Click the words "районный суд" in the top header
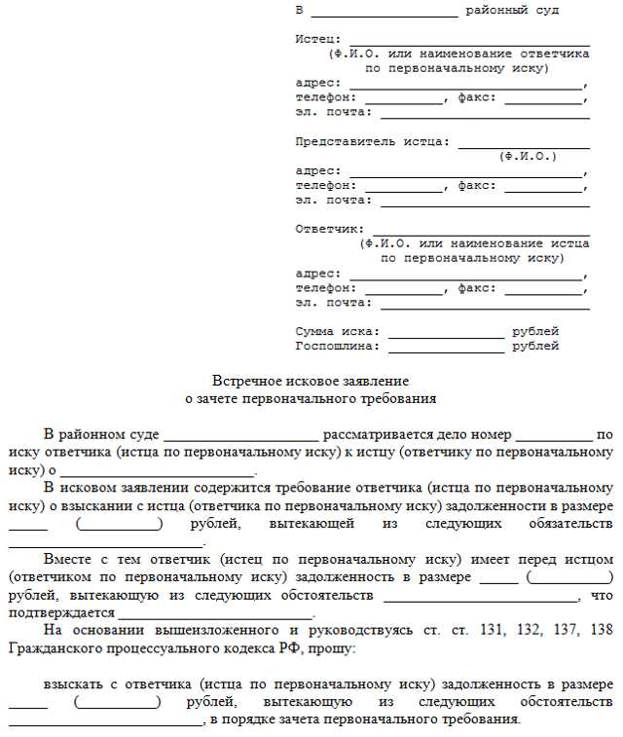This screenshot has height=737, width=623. [512, 10]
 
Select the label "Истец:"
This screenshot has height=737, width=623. [318, 39]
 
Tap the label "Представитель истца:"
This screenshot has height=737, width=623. [373, 141]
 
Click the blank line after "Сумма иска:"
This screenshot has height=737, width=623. [446, 333]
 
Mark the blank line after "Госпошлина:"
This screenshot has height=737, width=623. [446, 348]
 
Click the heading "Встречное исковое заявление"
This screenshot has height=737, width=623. [311, 381]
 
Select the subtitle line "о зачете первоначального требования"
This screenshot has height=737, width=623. [311, 398]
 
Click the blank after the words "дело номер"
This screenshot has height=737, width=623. [553, 437]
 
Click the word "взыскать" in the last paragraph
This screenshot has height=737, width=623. [71, 683]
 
